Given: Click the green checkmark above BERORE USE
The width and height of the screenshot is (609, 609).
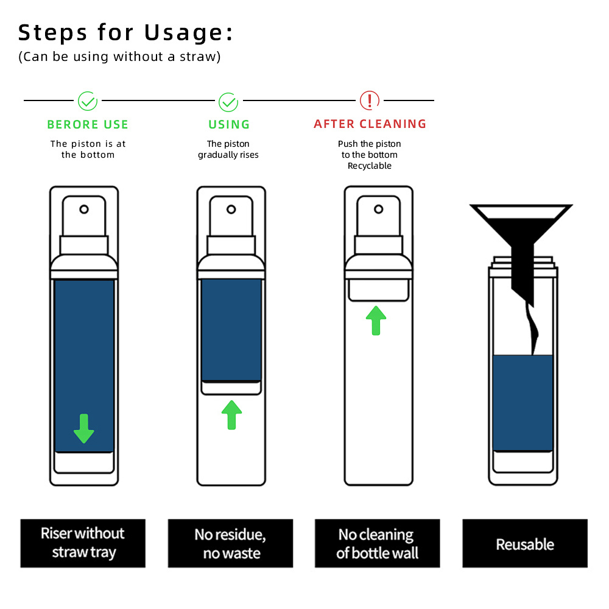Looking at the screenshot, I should (x=88, y=101).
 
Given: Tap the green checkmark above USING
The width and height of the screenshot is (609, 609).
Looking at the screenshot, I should (x=228, y=101).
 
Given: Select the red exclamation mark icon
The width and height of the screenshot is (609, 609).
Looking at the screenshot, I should (x=370, y=100).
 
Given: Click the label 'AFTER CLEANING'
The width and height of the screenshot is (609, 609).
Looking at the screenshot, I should (x=370, y=124).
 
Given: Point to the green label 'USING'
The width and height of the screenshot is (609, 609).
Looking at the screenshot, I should (x=229, y=124).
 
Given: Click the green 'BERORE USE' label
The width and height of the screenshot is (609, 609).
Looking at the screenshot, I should (x=88, y=124).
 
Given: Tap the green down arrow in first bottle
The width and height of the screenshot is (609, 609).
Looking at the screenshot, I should (x=84, y=428).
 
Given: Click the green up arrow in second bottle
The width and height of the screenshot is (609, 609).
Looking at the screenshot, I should (x=231, y=415).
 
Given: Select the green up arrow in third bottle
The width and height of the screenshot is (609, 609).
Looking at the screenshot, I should (x=376, y=320).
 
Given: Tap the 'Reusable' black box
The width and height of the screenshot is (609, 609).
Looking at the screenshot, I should (x=525, y=543).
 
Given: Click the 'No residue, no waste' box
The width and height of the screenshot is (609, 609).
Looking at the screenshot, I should (x=230, y=543).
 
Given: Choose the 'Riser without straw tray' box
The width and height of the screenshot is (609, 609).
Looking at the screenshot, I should (x=83, y=543).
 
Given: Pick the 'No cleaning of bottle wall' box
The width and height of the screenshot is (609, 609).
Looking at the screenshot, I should (x=377, y=543).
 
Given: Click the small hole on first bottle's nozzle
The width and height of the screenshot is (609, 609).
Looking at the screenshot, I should (x=84, y=209).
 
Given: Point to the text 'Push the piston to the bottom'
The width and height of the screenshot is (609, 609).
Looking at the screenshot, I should (x=370, y=149).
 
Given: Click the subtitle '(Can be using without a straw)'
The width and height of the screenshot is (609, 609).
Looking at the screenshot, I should (x=119, y=57).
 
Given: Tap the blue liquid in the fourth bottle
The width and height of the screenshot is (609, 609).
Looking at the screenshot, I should (x=523, y=402).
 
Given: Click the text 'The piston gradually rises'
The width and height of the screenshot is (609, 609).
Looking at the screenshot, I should (x=228, y=149).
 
